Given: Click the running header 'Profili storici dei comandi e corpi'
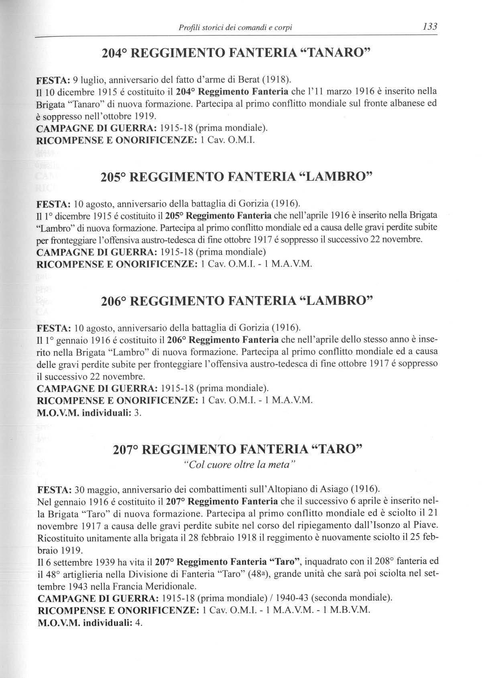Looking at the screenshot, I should coord(235,28).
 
